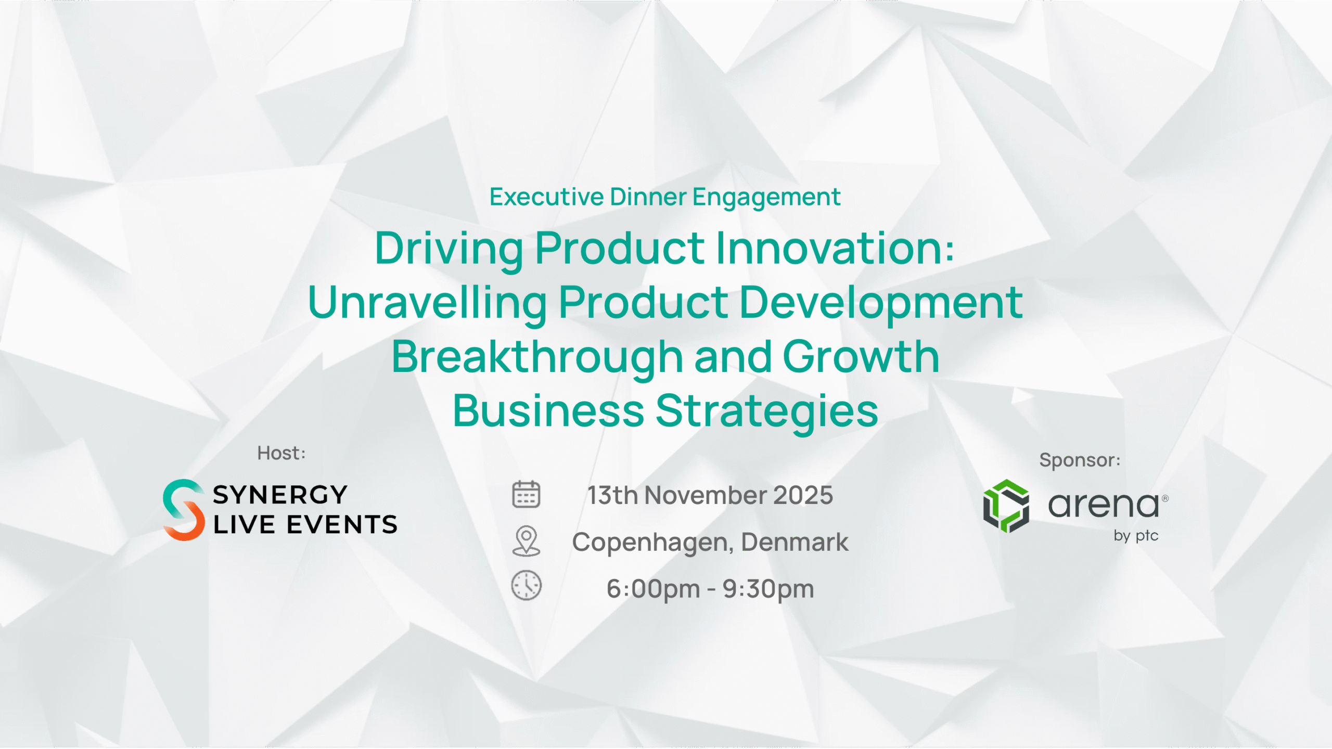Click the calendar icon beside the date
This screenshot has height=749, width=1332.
point(526,494)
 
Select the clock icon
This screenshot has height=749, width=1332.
point(526,586)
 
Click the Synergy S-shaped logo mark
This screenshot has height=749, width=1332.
point(184,510)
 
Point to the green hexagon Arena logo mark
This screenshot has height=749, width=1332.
point(1006,506)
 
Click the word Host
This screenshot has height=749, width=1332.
point(279,453)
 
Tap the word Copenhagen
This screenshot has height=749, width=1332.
point(652,543)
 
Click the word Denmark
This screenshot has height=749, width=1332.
point(795,542)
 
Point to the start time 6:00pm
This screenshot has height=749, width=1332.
point(653,589)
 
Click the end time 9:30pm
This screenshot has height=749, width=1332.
point(768,589)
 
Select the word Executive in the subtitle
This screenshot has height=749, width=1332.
point(546,197)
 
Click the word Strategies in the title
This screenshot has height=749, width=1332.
point(767,411)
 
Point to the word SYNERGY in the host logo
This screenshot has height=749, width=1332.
point(280,495)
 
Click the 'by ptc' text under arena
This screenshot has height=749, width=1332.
point(1136,536)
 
